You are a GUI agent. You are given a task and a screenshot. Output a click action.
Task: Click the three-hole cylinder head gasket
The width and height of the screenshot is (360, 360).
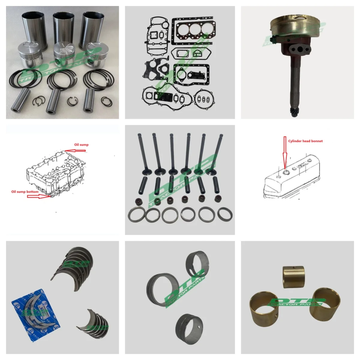[193, 30]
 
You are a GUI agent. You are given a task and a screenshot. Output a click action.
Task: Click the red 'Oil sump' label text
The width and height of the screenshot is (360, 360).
[81, 145]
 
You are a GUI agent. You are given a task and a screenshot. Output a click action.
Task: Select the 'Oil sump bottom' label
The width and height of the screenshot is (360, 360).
[25, 191]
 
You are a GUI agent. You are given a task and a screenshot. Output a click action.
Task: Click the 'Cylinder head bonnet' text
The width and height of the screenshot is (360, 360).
[305, 141]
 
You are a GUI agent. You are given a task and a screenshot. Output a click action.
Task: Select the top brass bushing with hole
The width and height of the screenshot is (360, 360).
[294, 277]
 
